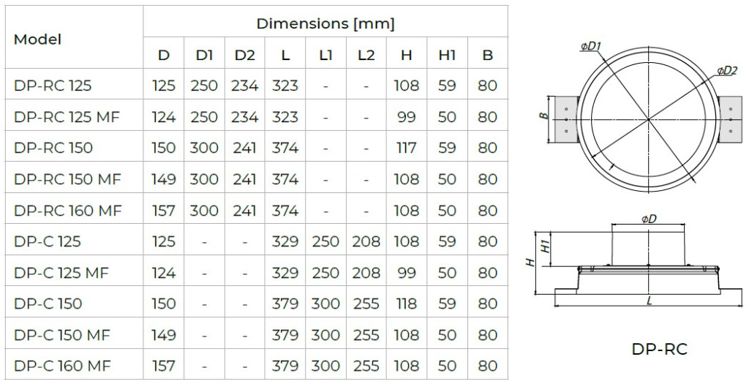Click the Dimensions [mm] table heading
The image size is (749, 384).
click(325, 23)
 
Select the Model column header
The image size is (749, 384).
click(38, 39)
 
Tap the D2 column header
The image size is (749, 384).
click(244, 55)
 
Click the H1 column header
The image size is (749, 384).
click(447, 55)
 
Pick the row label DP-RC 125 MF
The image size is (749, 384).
click(67, 117)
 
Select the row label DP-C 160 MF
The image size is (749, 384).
click(63, 366)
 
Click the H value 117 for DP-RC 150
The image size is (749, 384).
click(407, 148)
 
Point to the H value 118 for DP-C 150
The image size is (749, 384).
click(407, 304)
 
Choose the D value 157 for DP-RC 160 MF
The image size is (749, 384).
click(163, 211)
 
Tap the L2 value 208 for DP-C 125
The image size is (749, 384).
click(366, 241)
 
